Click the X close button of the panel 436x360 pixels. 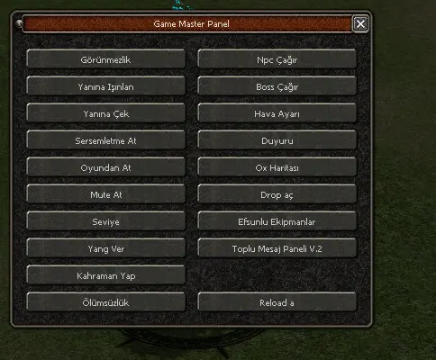[360, 23]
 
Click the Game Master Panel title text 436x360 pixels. [191, 24]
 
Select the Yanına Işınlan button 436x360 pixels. [105, 86]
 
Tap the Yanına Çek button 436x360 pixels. [105, 113]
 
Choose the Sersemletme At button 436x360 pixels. [105, 140]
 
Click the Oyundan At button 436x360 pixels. [105, 167]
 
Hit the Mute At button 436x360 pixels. [105, 194]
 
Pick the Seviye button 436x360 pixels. [105, 221]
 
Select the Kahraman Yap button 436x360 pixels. [105, 275]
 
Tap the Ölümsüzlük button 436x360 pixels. [105, 302]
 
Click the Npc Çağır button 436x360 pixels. [277, 59]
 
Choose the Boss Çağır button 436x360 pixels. [277, 86]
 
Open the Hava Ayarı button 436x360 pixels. [277, 113]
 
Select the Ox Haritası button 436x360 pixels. [277, 167]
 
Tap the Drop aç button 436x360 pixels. [277, 194]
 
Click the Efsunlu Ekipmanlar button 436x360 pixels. [277, 221]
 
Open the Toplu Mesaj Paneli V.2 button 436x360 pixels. [277, 248]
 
